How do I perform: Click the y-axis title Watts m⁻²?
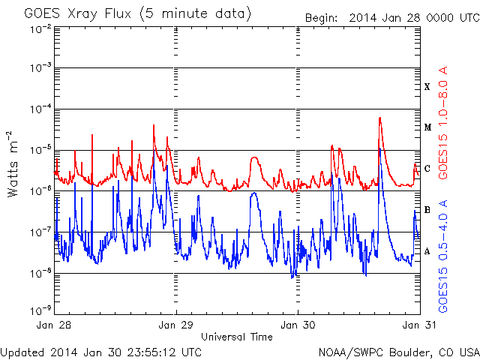tap(13, 164)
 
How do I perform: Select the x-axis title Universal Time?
tap(237, 337)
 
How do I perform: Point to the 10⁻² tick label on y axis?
tap(40, 28)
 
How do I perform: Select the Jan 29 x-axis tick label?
tap(177, 325)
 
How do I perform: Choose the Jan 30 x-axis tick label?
tap(298, 325)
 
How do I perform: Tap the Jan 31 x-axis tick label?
tap(418, 325)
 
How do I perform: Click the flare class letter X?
tap(427, 87)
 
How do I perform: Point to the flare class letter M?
tap(427, 127)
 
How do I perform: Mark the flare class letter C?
tap(427, 169)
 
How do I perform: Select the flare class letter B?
tap(427, 210)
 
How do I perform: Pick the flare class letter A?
tap(427, 251)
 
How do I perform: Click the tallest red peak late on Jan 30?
tap(380, 118)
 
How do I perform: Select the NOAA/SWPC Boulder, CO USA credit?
tap(397, 352)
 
